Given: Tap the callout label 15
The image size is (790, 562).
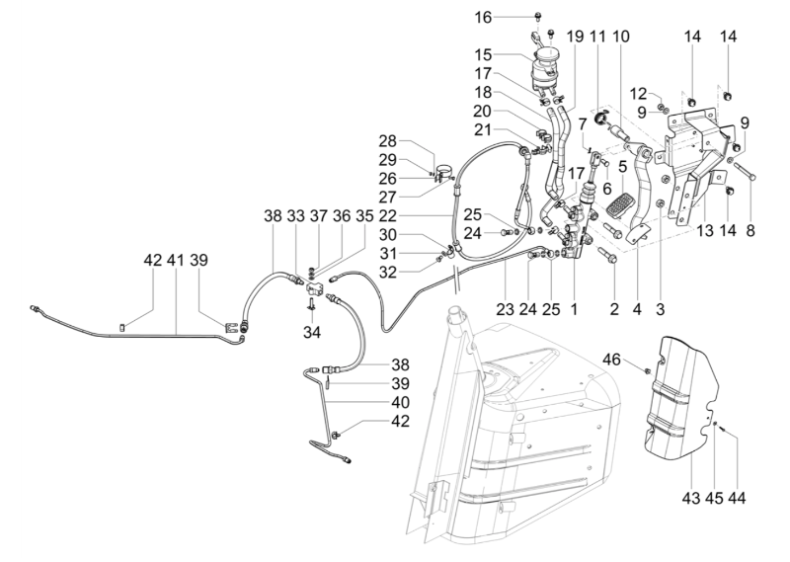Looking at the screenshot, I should tap(510, 55).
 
